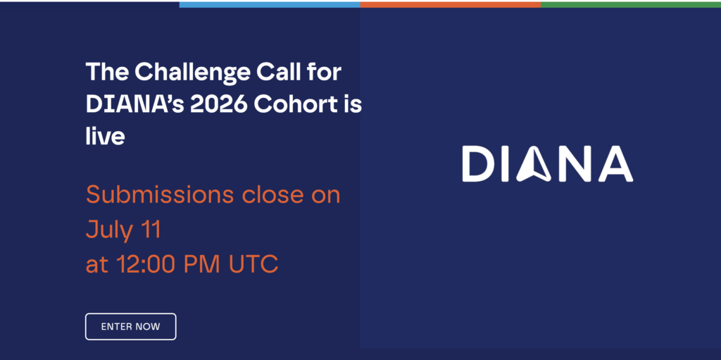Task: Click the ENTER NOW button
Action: pos(130,326)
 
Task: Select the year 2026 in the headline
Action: pos(219,105)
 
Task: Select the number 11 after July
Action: pos(149,230)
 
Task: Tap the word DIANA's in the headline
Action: pos(134,105)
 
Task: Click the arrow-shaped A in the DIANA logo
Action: pos(534,164)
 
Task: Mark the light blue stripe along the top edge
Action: pos(270,5)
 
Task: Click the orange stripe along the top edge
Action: pos(451,5)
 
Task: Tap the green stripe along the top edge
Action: pos(631,5)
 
